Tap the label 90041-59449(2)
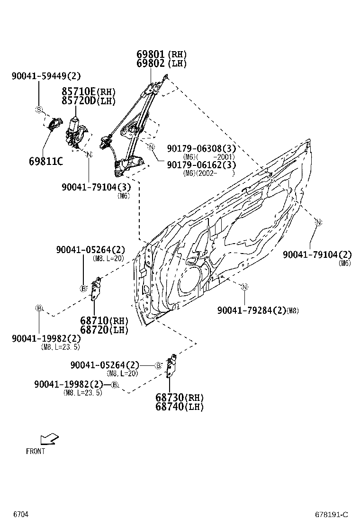[46, 75]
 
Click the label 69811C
[45, 162]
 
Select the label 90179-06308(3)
[201, 149]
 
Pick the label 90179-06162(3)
[201, 165]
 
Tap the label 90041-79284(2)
[252, 310]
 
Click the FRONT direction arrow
[49, 439]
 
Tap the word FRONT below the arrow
[36, 451]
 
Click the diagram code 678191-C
[332, 515]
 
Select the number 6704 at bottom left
[21, 514]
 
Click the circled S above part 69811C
[39, 110]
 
